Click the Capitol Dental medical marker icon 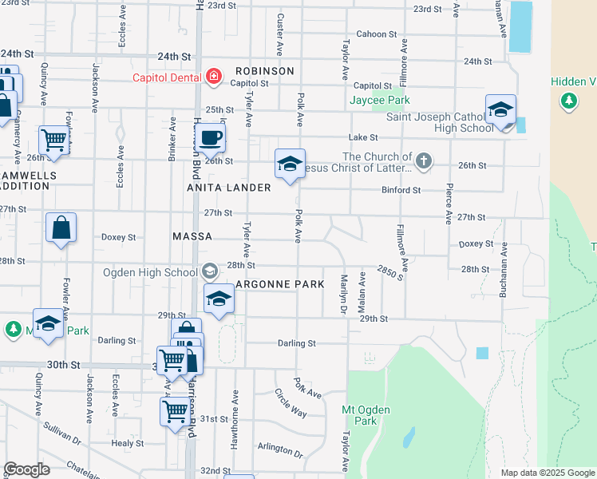point(213,77)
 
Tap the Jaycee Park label point(379,101)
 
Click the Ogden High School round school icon point(209,271)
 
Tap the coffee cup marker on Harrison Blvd point(211,137)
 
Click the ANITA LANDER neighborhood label point(229,187)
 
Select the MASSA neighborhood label point(192,237)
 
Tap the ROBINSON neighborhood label point(264,71)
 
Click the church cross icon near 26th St point(423,162)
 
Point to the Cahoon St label point(377,34)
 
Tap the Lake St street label point(362,137)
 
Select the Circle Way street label point(291,403)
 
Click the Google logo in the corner point(26,469)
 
